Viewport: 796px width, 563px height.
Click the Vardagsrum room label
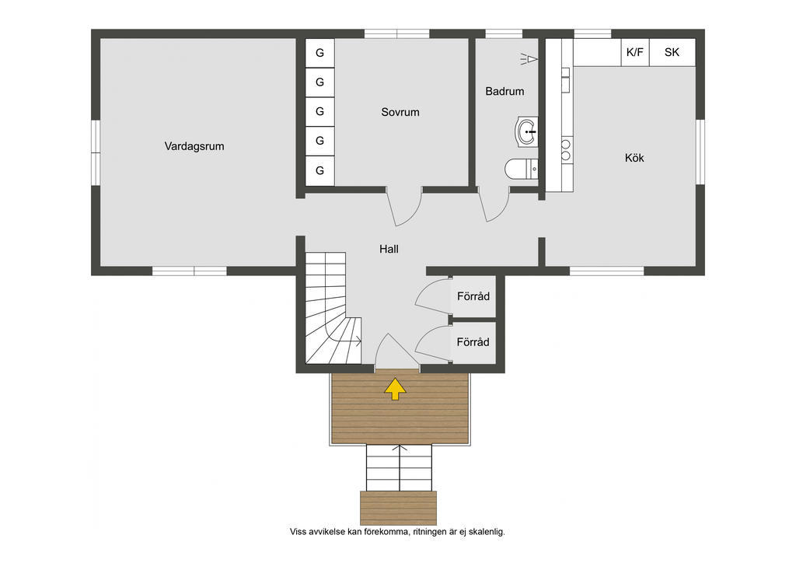click(194, 146)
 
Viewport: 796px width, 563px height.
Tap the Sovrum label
click(400, 112)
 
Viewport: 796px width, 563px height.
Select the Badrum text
click(504, 92)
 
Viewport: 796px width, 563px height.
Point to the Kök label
click(634, 158)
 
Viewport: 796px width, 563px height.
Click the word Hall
click(389, 250)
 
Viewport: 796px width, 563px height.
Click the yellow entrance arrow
click(395, 389)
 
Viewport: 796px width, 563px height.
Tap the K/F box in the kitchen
click(635, 52)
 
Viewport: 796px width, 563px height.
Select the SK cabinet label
click(672, 52)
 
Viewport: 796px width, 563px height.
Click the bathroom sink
click(527, 132)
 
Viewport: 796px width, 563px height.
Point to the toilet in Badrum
click(522, 169)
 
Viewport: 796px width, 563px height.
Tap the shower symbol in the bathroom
click(529, 59)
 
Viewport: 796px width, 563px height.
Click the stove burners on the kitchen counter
click(566, 150)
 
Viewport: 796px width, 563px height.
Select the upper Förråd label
click(473, 296)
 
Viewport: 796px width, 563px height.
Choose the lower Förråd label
click(473, 342)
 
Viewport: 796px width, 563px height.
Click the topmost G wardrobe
click(319, 53)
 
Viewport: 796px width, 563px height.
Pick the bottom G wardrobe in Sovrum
click(319, 171)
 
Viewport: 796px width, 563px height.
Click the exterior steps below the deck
click(399, 467)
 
